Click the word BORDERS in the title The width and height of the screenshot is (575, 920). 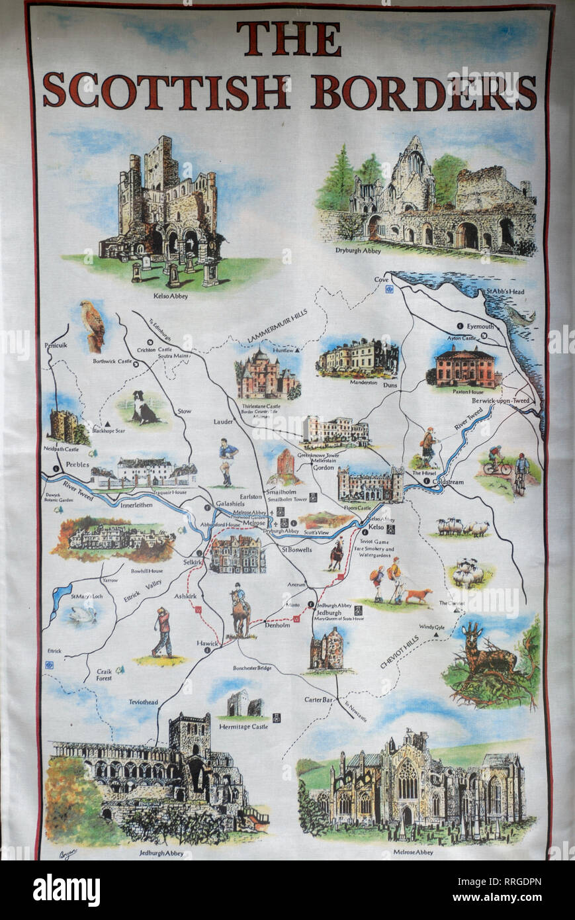(x=423, y=91)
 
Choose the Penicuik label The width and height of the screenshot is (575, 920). (x=57, y=346)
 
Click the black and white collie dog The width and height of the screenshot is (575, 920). (x=142, y=408)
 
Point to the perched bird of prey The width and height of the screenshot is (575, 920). (x=93, y=326)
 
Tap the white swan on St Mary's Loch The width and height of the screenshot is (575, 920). (x=83, y=614)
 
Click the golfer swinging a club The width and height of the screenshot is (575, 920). (x=161, y=632)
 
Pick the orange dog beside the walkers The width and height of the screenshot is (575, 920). (x=418, y=595)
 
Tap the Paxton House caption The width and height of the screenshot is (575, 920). (x=467, y=392)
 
